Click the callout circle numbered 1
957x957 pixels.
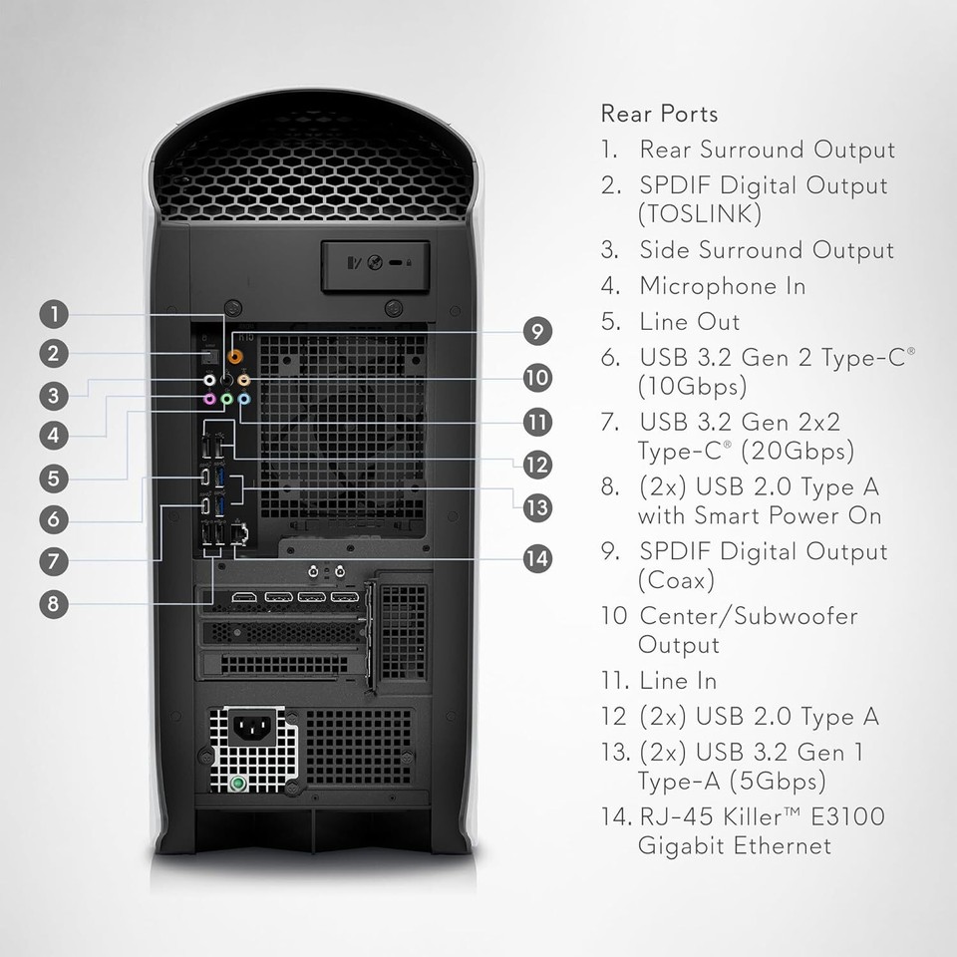pos(55,315)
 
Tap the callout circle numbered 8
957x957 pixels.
pos(55,603)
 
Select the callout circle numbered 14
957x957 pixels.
pos(538,558)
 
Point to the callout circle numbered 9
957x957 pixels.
pos(538,331)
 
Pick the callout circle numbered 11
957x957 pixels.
pos(538,421)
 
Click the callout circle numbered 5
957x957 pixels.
pos(55,478)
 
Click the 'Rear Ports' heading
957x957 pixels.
pos(659,114)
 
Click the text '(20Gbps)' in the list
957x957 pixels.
pos(798,451)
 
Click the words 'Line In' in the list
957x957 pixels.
pos(678,681)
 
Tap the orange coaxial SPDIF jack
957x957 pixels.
pos(236,353)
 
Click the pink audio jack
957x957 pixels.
pos(209,399)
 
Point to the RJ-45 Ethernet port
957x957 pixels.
pos(238,533)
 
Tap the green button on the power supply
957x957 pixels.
pos(237,785)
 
